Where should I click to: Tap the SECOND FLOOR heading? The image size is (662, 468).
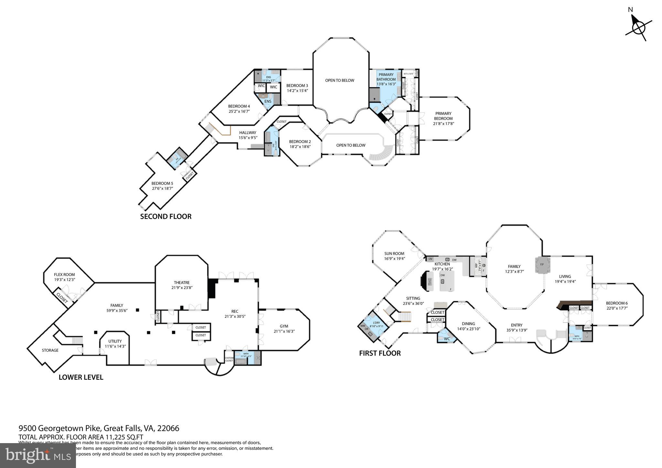[x=165, y=217]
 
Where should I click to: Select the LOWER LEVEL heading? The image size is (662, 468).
[x=81, y=377]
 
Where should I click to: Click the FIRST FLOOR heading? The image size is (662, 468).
[x=380, y=353]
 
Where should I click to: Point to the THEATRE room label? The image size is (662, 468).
[x=181, y=282]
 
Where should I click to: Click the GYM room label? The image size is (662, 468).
[x=283, y=326]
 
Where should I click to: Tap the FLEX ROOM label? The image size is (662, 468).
[x=64, y=274]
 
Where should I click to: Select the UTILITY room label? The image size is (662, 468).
[x=115, y=341]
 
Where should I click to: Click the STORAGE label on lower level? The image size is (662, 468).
[x=50, y=350]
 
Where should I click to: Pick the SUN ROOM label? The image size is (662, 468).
[x=394, y=253]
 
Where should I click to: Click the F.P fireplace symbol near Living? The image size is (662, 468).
[x=542, y=264]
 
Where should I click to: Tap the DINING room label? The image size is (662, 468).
[x=468, y=324]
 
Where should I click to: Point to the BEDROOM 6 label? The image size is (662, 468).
[x=616, y=303]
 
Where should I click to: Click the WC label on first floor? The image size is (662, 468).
[x=447, y=339]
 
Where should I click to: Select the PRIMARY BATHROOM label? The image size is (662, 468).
[x=386, y=77]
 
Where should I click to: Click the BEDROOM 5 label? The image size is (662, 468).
[x=162, y=183]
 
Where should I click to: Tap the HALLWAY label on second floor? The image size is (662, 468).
[x=248, y=133]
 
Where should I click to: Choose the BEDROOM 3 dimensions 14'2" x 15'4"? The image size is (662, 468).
[x=297, y=90]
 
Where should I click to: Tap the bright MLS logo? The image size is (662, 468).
[x=38, y=456]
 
